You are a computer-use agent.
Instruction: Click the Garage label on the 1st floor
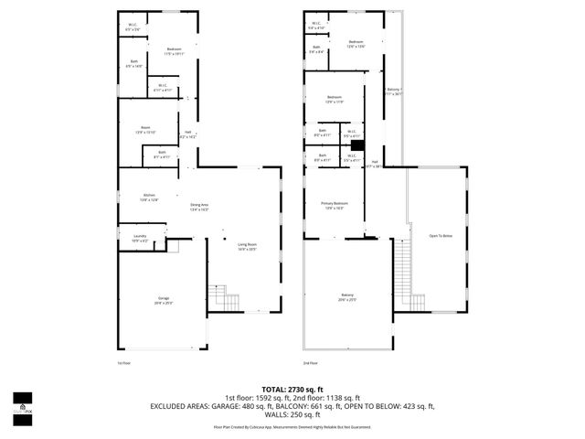coord(164,300)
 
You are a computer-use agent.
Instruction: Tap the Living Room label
coord(247,246)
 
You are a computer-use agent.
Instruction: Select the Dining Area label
coord(199,207)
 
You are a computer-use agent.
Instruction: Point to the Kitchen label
coord(148,197)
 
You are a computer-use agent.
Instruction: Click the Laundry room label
coord(140,238)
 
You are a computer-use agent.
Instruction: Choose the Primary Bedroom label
coord(334,205)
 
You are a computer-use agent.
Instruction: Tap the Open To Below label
coord(441,236)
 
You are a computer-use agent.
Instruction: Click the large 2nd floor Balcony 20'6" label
coord(347,296)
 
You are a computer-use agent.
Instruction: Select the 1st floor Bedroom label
coord(174,51)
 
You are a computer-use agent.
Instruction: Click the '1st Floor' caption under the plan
coord(124,363)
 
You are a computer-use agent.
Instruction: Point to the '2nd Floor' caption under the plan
coord(312,363)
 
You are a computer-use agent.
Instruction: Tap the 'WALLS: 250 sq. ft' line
coord(292,416)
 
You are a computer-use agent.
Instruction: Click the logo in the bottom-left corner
coord(22,406)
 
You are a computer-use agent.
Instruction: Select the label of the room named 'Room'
coord(145,129)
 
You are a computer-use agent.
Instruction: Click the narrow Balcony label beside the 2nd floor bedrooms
coord(393,91)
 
